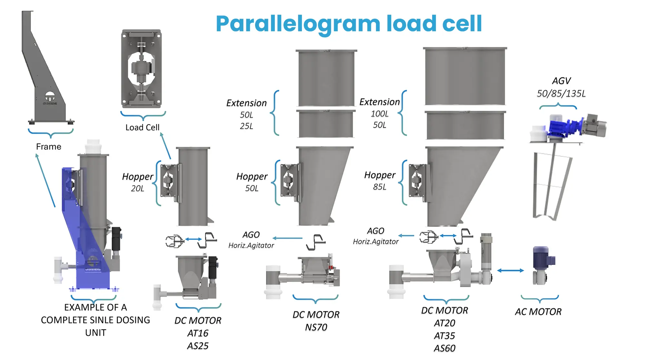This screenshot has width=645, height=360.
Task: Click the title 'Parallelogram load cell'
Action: pyautogui.click(x=349, y=24)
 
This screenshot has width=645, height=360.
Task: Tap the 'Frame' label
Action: pyautogui.click(x=49, y=147)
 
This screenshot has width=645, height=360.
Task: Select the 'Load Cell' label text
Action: pyautogui.click(x=142, y=127)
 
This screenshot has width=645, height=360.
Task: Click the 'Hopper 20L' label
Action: pyautogui.click(x=138, y=182)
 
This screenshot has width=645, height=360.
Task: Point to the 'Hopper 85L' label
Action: pyautogui.click(x=380, y=180)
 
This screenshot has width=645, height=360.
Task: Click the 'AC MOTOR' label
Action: pyautogui.click(x=538, y=312)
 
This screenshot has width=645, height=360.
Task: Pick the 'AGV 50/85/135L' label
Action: pyautogui.click(x=561, y=87)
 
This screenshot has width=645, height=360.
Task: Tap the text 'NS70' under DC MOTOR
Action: pyautogui.click(x=316, y=327)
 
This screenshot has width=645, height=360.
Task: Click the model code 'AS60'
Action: pyautogui.click(x=444, y=348)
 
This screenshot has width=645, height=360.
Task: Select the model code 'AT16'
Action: pyautogui.click(x=198, y=333)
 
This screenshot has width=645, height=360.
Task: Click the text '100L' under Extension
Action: pyautogui.click(x=380, y=113)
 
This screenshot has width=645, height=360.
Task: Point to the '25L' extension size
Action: pyautogui.click(x=246, y=126)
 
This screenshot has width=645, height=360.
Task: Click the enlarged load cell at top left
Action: pyautogui.click(x=141, y=69)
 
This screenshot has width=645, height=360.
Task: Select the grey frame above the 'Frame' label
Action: pyautogui.click(x=45, y=74)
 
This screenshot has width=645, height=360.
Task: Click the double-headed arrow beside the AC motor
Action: pyautogui.click(x=510, y=270)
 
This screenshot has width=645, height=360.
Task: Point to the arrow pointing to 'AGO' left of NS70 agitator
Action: pyautogui.click(x=287, y=238)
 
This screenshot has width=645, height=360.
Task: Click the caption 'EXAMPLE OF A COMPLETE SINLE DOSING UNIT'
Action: pyautogui.click(x=95, y=320)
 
